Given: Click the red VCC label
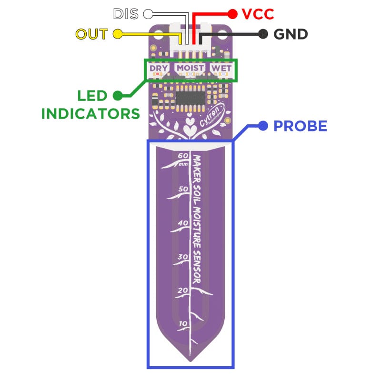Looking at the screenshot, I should (x=258, y=14).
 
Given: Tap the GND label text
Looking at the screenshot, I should (x=291, y=34).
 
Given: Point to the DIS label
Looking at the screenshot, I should (x=126, y=14).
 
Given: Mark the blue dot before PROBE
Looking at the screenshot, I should (x=262, y=126).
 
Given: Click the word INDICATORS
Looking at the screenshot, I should (x=90, y=113).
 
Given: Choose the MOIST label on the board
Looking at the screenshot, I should (x=190, y=68).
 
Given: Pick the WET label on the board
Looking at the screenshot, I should (x=222, y=68).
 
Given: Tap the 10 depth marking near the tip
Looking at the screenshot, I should (x=183, y=324).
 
